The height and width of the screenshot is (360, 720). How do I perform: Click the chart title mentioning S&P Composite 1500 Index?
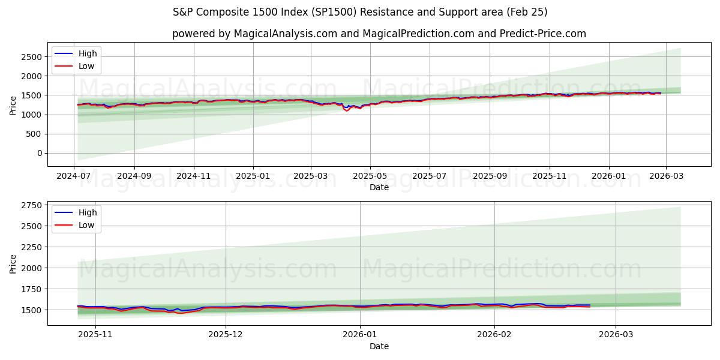pyautogui.click(x=360, y=12)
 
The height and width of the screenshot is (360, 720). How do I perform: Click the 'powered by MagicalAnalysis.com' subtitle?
pyautogui.click(x=379, y=34)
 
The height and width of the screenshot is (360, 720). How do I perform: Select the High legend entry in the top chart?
pyautogui.click(x=87, y=53)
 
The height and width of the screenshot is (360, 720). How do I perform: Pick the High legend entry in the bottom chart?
pyautogui.click(x=87, y=212)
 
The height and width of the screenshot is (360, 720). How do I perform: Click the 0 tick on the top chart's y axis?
pyautogui.click(x=40, y=154)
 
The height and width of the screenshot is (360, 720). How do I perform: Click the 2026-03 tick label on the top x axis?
pyautogui.click(x=665, y=176)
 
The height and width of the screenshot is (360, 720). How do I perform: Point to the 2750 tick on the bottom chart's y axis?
pyautogui.click(x=31, y=205)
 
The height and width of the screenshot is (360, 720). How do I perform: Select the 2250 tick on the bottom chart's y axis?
pyautogui.click(x=31, y=247)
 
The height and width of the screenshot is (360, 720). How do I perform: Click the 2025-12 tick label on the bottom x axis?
pyautogui.click(x=226, y=335)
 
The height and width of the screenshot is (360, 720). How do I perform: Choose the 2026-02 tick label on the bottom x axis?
pyautogui.click(x=495, y=335)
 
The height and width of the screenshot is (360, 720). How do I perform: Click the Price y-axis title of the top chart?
pyautogui.click(x=13, y=104)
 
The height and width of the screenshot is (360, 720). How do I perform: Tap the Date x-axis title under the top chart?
pyautogui.click(x=379, y=187)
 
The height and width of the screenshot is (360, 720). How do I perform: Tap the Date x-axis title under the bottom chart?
pyautogui.click(x=379, y=346)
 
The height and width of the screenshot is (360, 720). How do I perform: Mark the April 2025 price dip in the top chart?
pyautogui.click(x=346, y=110)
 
